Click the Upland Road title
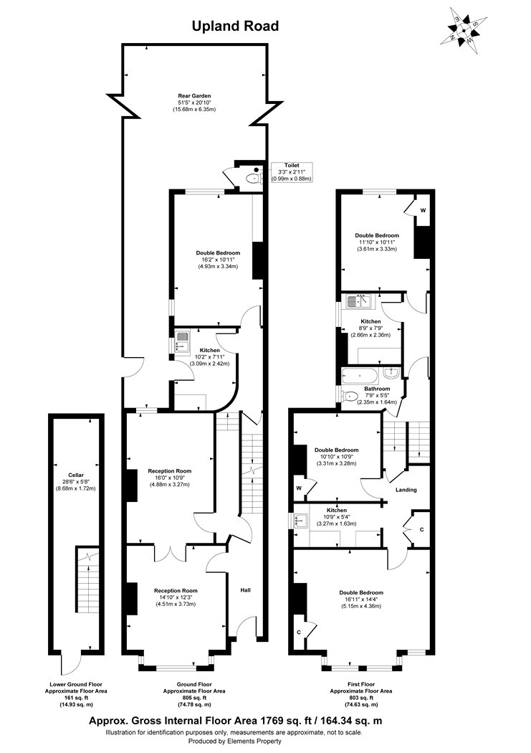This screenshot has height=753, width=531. click(x=234, y=27)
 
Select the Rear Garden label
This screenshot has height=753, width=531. click(x=194, y=95)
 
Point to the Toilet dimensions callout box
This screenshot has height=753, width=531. click(x=294, y=172)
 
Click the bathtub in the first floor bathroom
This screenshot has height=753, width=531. click(x=362, y=374)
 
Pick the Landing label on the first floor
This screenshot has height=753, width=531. click(x=406, y=490)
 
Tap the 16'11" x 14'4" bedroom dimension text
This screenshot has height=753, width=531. click(x=362, y=600)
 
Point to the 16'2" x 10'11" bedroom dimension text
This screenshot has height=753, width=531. click(x=218, y=260)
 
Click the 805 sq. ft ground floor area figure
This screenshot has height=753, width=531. click(x=193, y=697)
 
